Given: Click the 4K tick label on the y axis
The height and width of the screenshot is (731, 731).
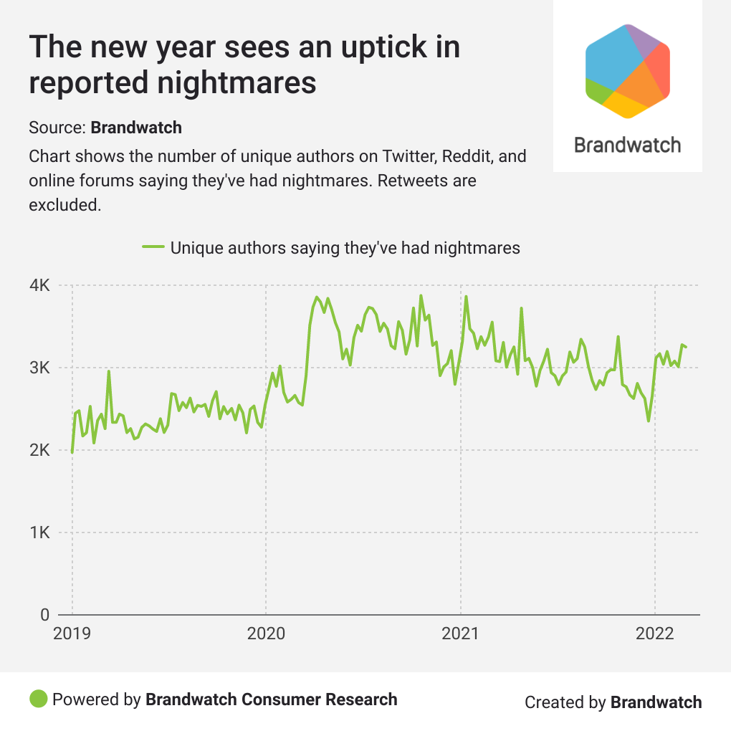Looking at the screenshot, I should tap(39, 286).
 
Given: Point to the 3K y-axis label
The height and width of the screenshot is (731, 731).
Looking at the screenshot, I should tap(39, 368).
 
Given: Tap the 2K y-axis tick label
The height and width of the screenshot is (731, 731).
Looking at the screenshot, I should tap(39, 451).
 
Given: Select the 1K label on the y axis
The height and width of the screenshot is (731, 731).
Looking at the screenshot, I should tap(39, 533).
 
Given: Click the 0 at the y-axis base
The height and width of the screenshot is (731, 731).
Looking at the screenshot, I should tap(44, 615).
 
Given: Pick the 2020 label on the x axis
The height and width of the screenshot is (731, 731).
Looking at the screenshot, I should tap(266, 634).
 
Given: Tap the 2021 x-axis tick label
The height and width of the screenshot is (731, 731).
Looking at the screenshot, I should tap(460, 634).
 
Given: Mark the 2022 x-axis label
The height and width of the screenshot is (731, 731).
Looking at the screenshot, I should tap(654, 634).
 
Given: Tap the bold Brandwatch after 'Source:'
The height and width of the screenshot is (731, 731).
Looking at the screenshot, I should tap(136, 128).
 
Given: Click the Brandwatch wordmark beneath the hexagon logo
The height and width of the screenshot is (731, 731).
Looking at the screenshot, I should tap(628, 145).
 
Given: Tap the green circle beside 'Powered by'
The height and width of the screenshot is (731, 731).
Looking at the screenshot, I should tap(39, 699).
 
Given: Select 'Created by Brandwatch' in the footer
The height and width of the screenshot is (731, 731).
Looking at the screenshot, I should tap(613, 702).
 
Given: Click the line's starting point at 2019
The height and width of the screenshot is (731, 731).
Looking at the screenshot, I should tap(72, 452).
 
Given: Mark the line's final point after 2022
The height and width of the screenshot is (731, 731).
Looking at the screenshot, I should tap(687, 347).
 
